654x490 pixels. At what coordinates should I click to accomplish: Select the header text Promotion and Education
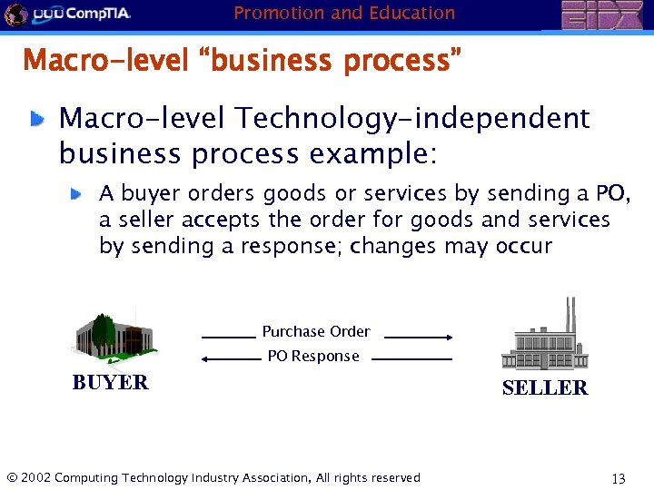[344, 13]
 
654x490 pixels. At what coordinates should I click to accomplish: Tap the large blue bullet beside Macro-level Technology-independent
[38, 118]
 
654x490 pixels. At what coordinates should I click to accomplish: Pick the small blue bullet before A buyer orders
[79, 193]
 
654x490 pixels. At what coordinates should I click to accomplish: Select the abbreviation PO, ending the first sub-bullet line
[613, 193]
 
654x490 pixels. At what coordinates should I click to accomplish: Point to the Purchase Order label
[315, 331]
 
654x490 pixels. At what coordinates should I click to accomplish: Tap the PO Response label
[313, 357]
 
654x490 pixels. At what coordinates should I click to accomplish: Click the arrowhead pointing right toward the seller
[448, 337]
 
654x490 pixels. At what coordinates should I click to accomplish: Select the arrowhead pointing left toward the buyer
[205, 359]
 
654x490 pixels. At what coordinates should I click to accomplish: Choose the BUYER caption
[110, 382]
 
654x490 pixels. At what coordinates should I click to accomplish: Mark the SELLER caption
[544, 387]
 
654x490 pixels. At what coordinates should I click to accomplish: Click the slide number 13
[619, 478]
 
